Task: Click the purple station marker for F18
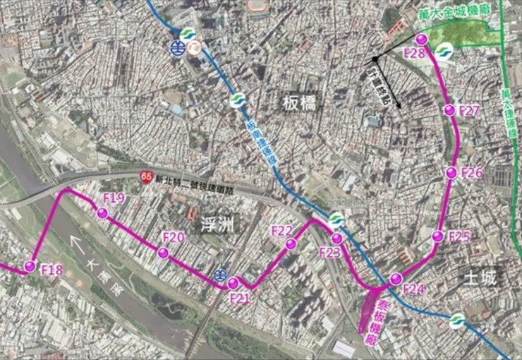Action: tap(30, 266)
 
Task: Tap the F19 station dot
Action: tap(102, 213)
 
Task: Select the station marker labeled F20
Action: tap(163, 253)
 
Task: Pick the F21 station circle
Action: tap(233, 284)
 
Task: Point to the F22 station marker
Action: tap(291, 244)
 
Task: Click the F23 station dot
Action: tap(337, 239)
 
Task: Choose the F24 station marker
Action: tap(396, 278)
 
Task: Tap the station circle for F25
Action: tap(437, 236)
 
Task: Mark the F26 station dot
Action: tap(451, 173)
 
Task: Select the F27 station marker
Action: tap(449, 109)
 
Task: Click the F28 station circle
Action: tap(421, 39)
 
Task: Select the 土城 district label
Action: tap(480, 277)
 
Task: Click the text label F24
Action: tap(414, 289)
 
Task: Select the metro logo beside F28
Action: tap(444, 52)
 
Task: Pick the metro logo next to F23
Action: tap(336, 220)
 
